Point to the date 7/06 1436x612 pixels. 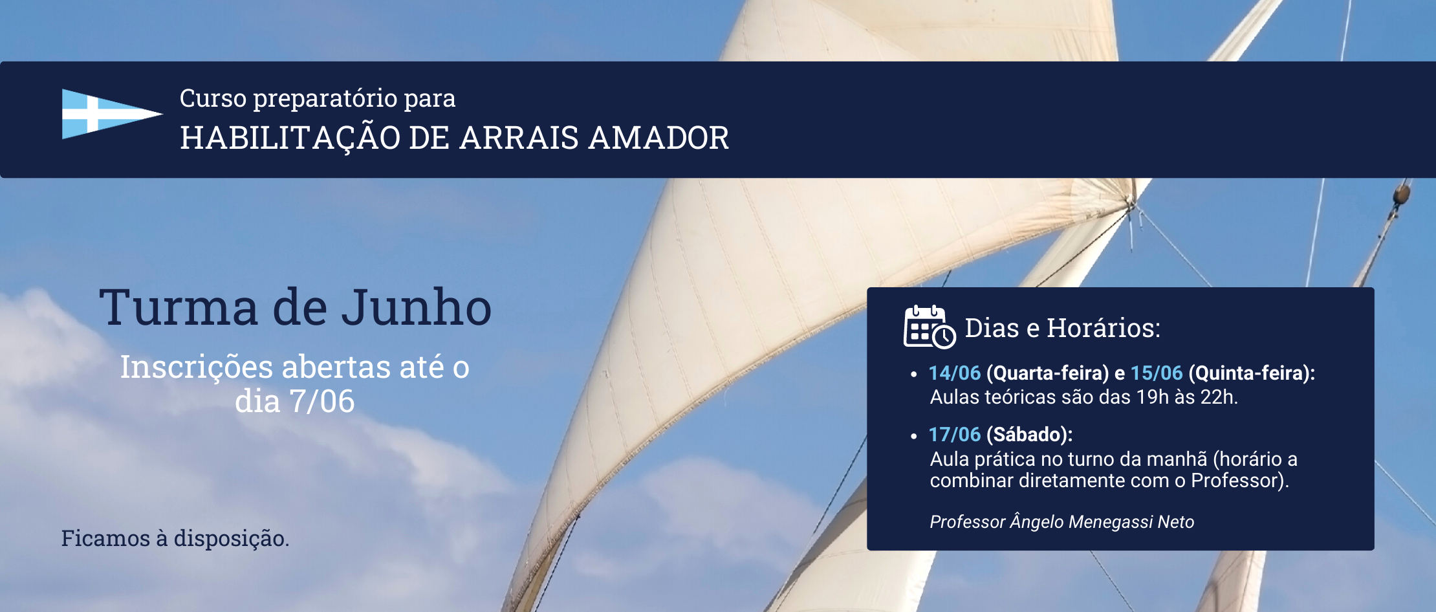[x=322, y=401]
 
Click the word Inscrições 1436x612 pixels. [x=197, y=367]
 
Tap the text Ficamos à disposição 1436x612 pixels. [x=175, y=538]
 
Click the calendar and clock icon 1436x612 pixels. [x=930, y=327]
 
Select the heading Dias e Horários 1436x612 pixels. [x=1063, y=328]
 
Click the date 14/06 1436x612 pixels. [x=955, y=373]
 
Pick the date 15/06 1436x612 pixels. [x=1157, y=373]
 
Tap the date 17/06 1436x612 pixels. [x=955, y=435]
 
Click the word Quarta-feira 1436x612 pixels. [x=1047, y=373]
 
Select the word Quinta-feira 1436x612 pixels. [x=1249, y=373]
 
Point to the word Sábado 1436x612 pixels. [x=1029, y=435]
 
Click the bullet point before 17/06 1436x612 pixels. [x=913, y=437]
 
